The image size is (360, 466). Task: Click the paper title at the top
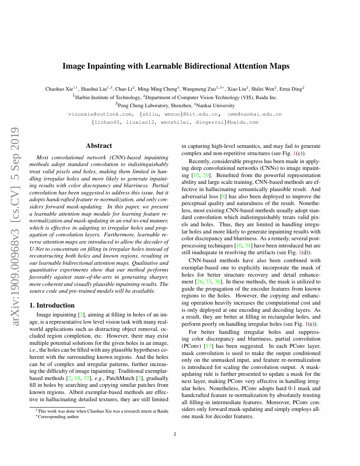click(176, 66)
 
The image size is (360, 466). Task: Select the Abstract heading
click(99, 146)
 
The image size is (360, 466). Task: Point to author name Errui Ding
click(291, 89)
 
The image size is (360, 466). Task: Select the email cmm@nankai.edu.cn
click(255, 114)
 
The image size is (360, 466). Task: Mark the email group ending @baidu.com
click(175, 122)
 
